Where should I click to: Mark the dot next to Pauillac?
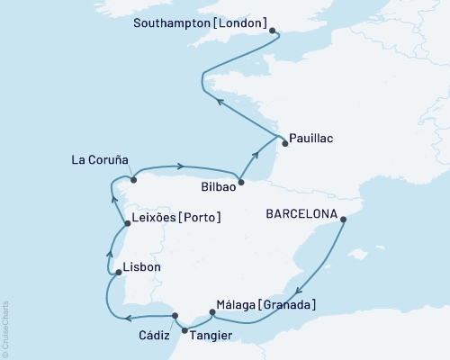284,142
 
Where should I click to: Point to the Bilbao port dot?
240,181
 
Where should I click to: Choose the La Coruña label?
102,163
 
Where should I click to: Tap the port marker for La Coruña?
134,179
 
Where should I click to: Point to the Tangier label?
212,335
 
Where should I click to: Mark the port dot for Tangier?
185,330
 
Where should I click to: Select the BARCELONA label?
301,215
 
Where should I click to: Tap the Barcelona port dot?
346,217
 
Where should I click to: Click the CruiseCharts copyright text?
5,326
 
